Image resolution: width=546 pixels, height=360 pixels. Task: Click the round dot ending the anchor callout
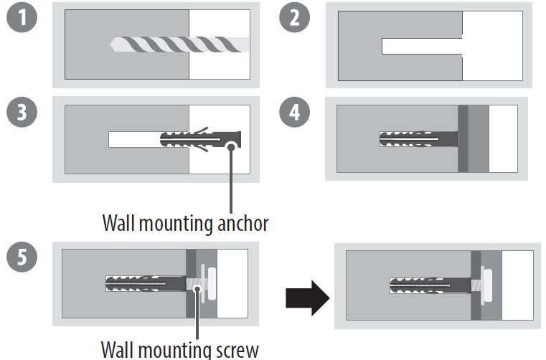[x=231, y=146]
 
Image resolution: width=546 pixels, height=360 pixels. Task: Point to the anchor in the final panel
[x=430, y=285]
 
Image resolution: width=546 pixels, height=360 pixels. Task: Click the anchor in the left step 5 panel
[x=147, y=284]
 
